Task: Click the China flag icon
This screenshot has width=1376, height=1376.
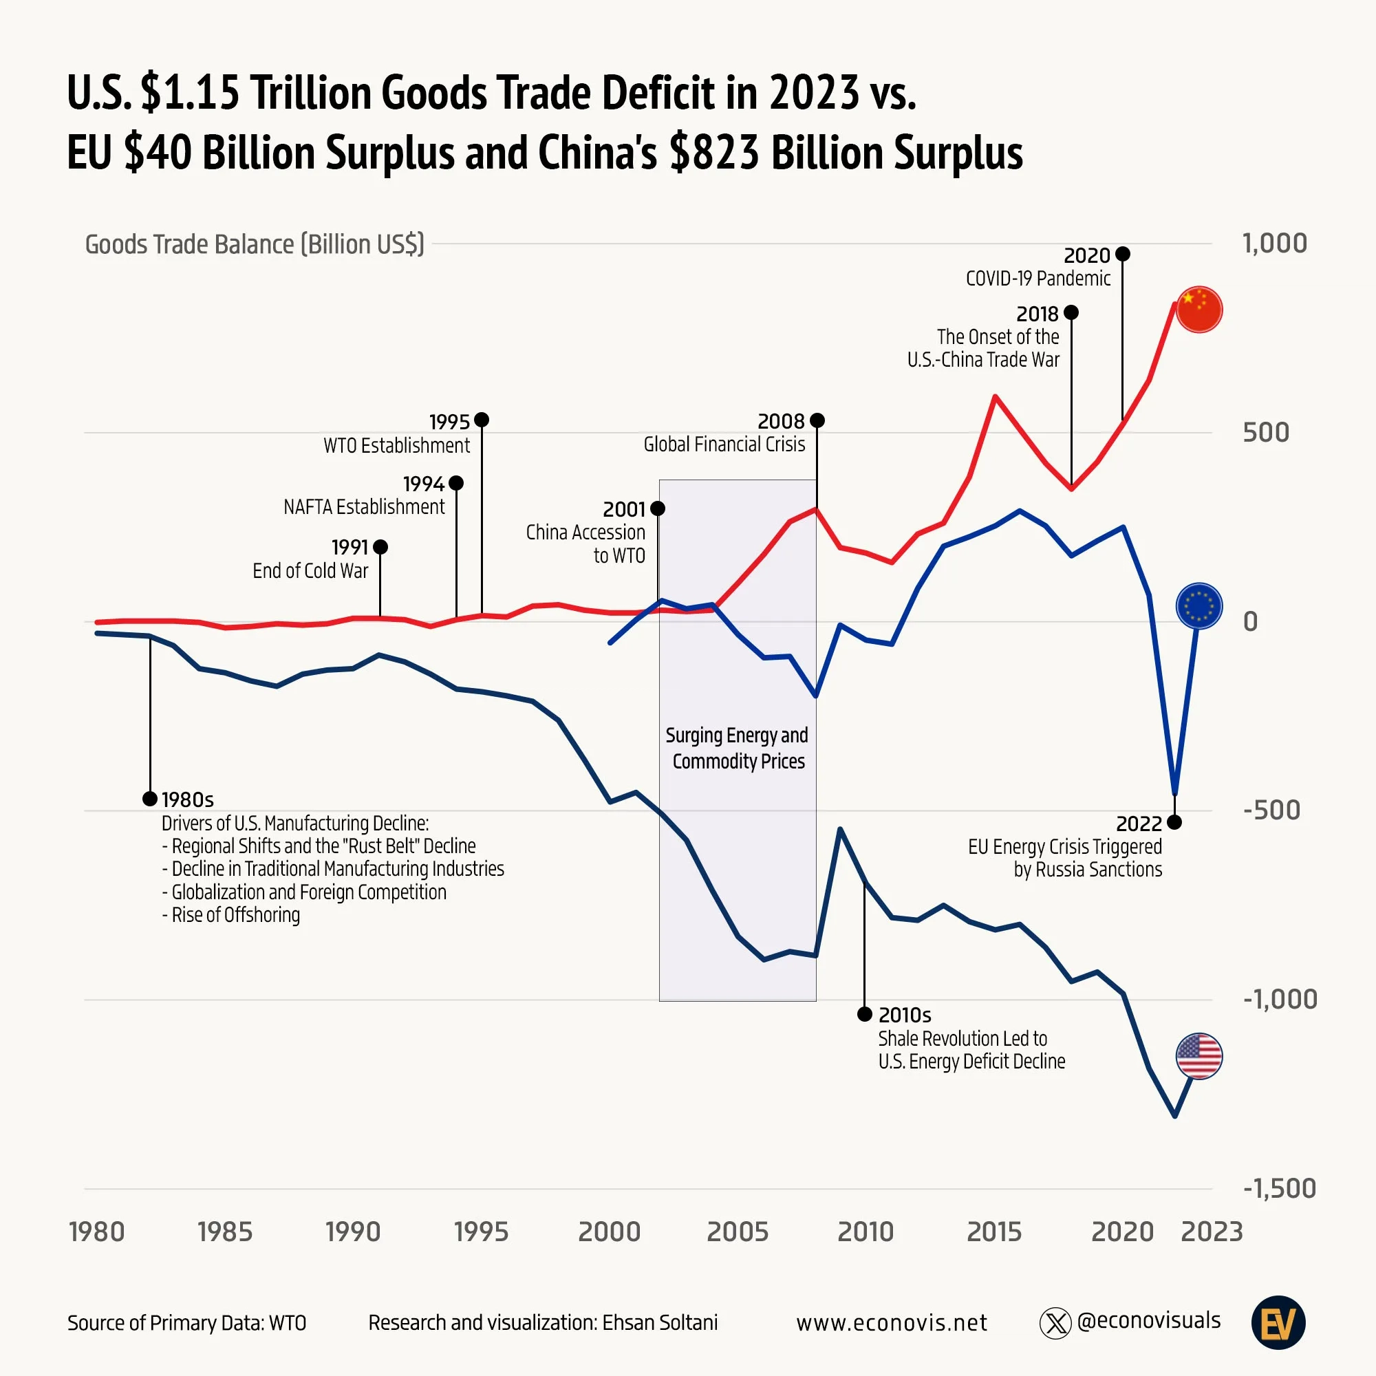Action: (1198, 310)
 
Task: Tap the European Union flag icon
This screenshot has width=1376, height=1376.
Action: (1198, 606)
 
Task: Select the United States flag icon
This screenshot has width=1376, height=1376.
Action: (1198, 1056)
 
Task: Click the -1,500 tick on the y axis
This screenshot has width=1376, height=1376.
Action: (1279, 1188)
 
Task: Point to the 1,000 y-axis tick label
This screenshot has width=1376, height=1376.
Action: (1274, 243)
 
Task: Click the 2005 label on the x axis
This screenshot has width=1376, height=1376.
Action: (737, 1232)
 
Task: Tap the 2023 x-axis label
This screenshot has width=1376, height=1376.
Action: (1212, 1232)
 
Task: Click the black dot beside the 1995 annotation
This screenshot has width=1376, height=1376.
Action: (482, 420)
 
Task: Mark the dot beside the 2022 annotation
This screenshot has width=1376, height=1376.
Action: (1174, 823)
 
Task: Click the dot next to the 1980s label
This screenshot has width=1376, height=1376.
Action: (149, 799)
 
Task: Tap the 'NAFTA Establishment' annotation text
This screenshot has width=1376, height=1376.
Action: (363, 506)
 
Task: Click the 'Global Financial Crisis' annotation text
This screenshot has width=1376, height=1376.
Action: (724, 444)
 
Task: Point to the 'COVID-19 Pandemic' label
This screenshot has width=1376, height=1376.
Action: (1038, 279)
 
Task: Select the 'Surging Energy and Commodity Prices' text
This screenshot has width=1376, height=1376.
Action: (737, 748)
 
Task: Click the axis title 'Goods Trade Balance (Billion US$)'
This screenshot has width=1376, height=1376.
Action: (255, 244)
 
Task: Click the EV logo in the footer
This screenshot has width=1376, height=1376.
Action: (1278, 1322)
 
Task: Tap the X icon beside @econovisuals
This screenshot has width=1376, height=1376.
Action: (1055, 1322)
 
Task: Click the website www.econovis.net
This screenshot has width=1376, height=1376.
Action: (891, 1322)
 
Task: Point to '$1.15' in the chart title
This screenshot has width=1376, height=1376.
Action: (189, 94)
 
